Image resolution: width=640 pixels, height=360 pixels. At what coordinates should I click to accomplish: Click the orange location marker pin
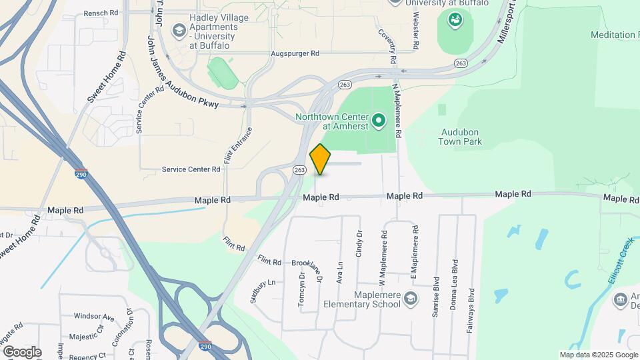(x=321, y=159)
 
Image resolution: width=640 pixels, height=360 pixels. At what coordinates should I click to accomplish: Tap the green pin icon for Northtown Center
(x=379, y=121)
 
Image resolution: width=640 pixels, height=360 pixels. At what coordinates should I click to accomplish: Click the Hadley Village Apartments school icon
(x=179, y=30)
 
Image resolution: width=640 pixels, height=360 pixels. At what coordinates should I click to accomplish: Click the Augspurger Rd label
(x=295, y=53)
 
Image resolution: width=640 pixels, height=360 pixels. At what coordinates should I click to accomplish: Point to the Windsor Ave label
(x=94, y=316)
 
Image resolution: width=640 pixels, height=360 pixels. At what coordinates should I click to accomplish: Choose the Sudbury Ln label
(x=263, y=291)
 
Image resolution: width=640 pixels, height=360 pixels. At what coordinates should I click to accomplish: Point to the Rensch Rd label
(x=101, y=13)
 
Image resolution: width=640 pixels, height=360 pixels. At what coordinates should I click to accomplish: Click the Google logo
(x=21, y=351)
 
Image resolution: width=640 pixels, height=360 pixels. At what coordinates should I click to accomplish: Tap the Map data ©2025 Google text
(x=598, y=355)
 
